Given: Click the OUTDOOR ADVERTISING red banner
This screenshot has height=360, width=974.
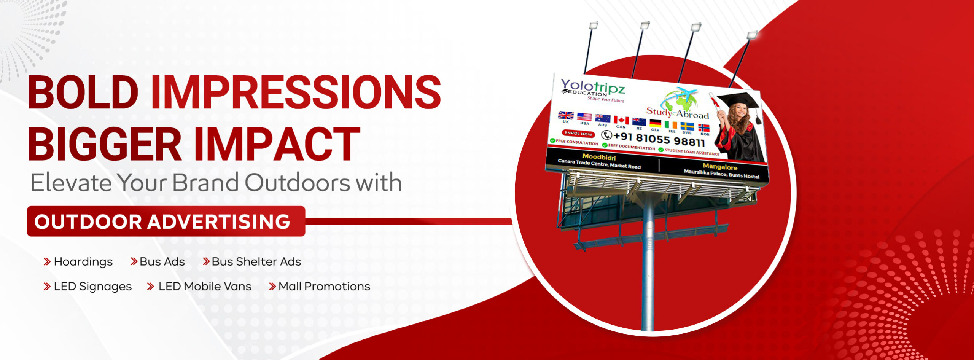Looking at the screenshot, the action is (166, 221).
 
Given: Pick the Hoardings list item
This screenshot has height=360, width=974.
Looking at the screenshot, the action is (78, 262).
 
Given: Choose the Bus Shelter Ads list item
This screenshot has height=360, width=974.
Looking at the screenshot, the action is (252, 261).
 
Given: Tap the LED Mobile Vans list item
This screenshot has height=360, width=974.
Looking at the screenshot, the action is (199, 286).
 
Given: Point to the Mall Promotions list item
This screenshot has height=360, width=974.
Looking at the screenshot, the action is (320, 286).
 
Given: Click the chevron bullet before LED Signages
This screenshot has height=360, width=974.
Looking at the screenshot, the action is (47, 287).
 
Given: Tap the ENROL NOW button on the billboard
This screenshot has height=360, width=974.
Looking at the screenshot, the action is (578, 133).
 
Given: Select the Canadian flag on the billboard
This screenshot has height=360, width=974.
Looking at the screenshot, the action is (621, 120).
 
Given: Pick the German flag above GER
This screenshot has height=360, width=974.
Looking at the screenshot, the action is (655, 124).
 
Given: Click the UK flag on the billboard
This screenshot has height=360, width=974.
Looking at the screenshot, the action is (566, 115).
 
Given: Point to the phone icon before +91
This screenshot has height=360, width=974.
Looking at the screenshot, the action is (606, 135).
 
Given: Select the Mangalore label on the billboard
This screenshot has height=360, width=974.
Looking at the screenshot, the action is (720, 167).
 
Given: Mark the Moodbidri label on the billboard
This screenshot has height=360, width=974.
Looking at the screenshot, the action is (599, 156).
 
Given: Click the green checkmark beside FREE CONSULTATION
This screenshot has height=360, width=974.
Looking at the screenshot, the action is (552, 141).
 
